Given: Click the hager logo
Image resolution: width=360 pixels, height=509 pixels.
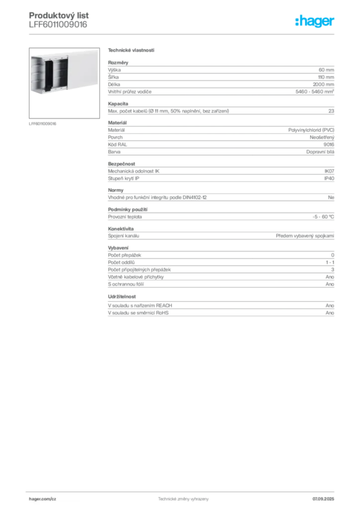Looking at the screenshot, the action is (x=315, y=21).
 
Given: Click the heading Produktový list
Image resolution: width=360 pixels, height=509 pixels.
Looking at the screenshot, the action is (x=59, y=15).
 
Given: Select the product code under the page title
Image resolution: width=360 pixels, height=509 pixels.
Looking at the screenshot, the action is (x=58, y=25).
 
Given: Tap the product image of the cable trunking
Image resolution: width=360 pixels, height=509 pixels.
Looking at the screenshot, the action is (x=64, y=83).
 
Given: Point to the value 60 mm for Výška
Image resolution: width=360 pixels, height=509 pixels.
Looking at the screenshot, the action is (x=326, y=70).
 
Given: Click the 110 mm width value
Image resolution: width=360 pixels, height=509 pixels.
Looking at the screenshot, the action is (x=326, y=77).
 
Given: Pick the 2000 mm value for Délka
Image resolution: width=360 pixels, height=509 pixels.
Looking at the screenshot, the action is (x=323, y=85).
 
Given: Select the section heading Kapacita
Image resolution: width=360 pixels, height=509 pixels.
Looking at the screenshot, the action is (x=118, y=104).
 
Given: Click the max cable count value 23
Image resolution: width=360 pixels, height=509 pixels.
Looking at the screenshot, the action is (x=331, y=111).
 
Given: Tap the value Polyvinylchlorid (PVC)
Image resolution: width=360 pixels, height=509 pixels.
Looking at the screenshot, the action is (x=311, y=130).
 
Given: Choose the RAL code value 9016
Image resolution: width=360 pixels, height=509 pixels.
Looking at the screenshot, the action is (x=329, y=145).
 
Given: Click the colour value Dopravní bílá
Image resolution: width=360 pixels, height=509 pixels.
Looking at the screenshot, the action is (x=320, y=152).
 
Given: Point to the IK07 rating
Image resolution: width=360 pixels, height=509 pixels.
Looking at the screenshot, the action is (x=329, y=171).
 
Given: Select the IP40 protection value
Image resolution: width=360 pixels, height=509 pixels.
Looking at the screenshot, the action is (x=329, y=178).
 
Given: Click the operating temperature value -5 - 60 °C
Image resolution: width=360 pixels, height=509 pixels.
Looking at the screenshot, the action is (x=323, y=217).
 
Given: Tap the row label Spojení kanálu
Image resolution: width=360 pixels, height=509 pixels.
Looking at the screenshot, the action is (x=124, y=236).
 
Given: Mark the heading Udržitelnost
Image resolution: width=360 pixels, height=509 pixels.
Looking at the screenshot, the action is (x=122, y=297).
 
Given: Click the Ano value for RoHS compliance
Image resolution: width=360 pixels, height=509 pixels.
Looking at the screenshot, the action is (x=330, y=313).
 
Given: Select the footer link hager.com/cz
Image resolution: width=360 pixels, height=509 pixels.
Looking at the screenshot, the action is (x=43, y=499).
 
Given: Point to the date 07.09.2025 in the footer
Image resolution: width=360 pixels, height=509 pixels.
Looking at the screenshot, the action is (x=323, y=499).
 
